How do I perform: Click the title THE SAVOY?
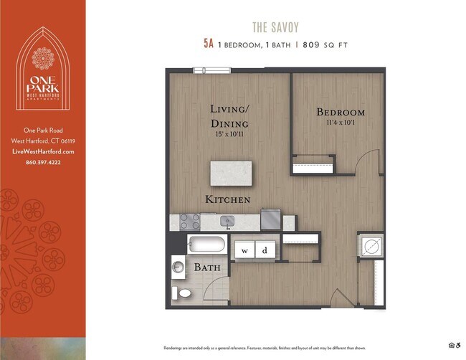click(275, 27)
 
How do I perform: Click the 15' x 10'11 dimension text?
click(229, 134)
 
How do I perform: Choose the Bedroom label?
click(341, 113)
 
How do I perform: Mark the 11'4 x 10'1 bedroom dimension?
click(340, 123)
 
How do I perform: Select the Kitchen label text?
click(228, 199)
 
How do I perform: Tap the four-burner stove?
click(189, 221)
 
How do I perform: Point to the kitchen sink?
click(227, 221)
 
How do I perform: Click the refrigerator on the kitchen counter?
click(270, 219)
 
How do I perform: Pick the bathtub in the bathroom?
click(206, 245)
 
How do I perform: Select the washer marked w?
click(244, 250)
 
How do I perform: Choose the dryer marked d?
click(265, 250)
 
